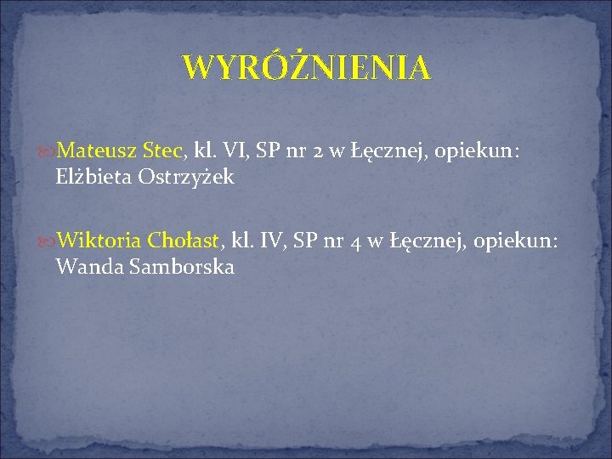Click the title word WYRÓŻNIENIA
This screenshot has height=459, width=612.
[x=306, y=67]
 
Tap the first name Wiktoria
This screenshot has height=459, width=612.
[x=100, y=241]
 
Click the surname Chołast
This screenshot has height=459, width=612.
[x=184, y=241]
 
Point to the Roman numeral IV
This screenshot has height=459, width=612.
[x=270, y=241]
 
